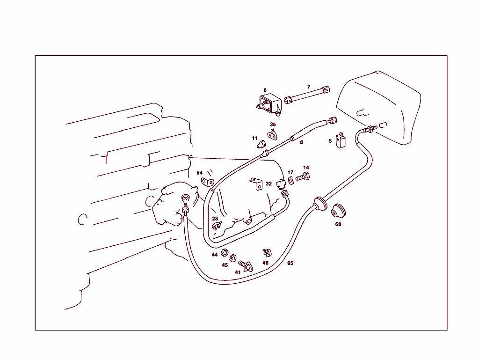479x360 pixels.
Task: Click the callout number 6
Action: (x=265, y=90)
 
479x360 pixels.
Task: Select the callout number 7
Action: (x=308, y=87)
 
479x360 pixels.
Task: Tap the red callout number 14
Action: (x=306, y=168)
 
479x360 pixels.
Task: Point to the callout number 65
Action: (x=290, y=263)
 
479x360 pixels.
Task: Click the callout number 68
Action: (x=338, y=224)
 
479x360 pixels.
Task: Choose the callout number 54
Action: (x=199, y=173)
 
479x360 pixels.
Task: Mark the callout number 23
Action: (x=215, y=219)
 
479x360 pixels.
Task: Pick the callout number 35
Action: (x=273, y=125)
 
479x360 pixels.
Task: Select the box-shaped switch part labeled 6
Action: (x=269, y=104)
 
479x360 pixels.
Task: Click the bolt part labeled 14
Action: (x=304, y=177)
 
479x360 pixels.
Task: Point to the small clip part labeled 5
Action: (x=341, y=140)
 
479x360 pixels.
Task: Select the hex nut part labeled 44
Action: (x=224, y=253)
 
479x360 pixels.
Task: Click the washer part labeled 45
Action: (x=233, y=258)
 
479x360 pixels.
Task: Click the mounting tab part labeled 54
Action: (x=207, y=181)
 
